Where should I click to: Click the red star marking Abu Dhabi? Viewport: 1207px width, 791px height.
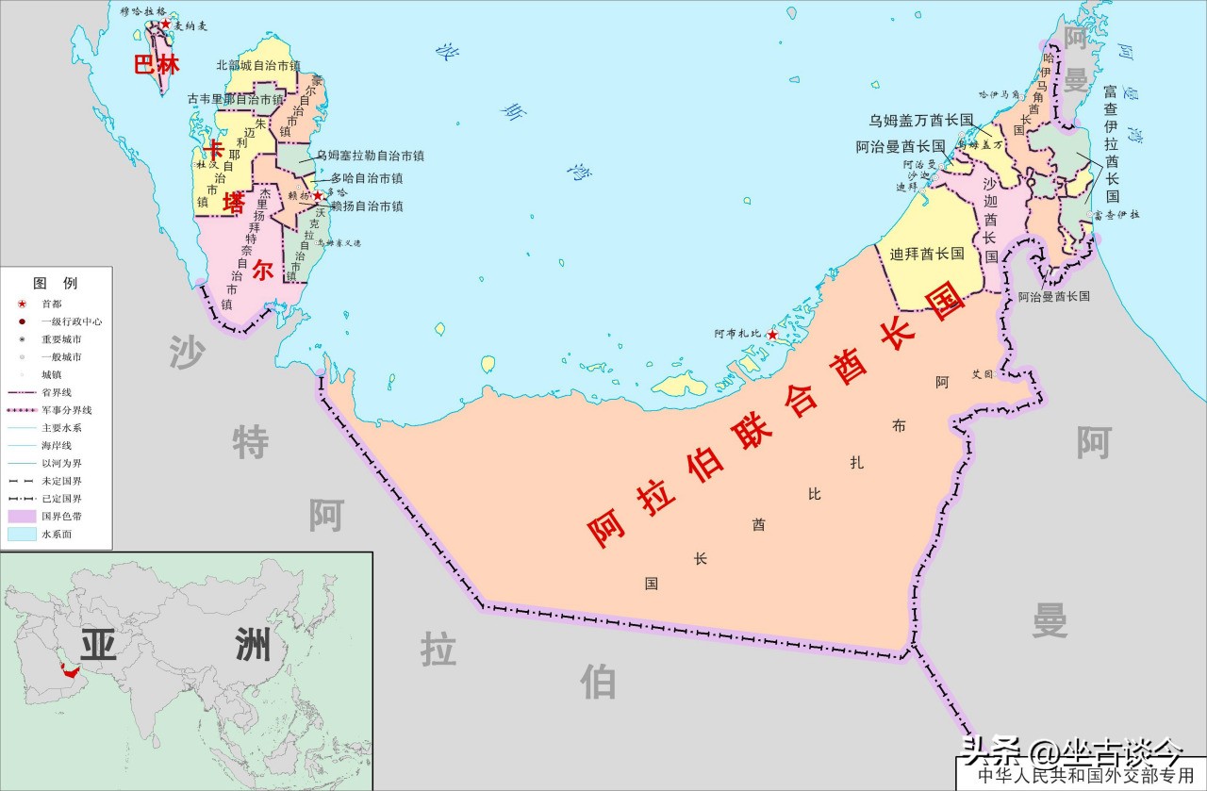coord(772,335)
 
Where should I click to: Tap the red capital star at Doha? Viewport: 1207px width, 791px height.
coord(318,195)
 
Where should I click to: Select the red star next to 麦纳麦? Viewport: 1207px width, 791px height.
coord(166,24)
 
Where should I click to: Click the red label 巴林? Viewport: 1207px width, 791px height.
coord(156,64)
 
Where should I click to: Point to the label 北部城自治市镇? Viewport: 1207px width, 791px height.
coord(258,65)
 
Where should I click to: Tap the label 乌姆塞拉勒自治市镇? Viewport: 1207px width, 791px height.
coord(370,156)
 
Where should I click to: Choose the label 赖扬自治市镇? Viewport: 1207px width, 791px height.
coord(367,206)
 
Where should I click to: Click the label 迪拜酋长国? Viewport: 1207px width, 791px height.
coord(927,254)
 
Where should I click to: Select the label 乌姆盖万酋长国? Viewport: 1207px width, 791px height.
coord(920,120)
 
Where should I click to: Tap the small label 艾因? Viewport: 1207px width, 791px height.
coord(983,373)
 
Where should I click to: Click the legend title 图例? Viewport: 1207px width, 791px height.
coord(56,283)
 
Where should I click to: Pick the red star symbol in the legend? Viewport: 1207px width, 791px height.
coord(21,304)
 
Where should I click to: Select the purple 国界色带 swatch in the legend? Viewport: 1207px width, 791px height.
coord(21,517)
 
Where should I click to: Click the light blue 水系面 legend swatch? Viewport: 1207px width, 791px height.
coord(21,535)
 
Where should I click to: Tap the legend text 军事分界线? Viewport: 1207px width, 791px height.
coord(67,410)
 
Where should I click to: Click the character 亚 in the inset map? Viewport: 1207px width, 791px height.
coord(99,645)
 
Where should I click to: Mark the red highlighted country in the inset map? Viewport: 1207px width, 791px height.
coord(68,671)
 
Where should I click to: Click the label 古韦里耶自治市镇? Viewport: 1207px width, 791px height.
coord(236,99)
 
